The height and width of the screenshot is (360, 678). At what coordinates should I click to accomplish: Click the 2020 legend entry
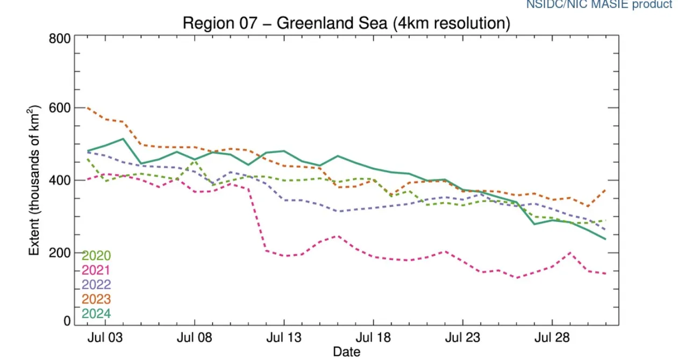coord(96,255)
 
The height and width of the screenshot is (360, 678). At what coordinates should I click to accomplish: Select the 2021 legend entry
coord(96,270)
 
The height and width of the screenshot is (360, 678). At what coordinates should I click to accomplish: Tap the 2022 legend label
coord(96,285)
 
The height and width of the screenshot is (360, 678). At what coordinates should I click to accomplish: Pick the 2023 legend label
coord(96,299)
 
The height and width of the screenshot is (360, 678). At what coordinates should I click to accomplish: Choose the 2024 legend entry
coord(96,314)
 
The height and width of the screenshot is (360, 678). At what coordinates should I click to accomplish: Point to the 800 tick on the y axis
coord(60,39)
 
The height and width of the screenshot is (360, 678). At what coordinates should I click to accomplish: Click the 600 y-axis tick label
coord(60,108)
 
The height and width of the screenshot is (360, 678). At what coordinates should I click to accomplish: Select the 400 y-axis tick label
coord(60,180)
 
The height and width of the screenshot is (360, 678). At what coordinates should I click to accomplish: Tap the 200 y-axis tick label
coord(60,252)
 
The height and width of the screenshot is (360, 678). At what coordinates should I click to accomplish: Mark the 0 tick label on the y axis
coord(67,321)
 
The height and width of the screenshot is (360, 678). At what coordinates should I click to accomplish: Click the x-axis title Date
coord(346,352)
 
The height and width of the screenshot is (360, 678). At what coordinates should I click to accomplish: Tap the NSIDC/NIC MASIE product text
coord(598,5)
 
